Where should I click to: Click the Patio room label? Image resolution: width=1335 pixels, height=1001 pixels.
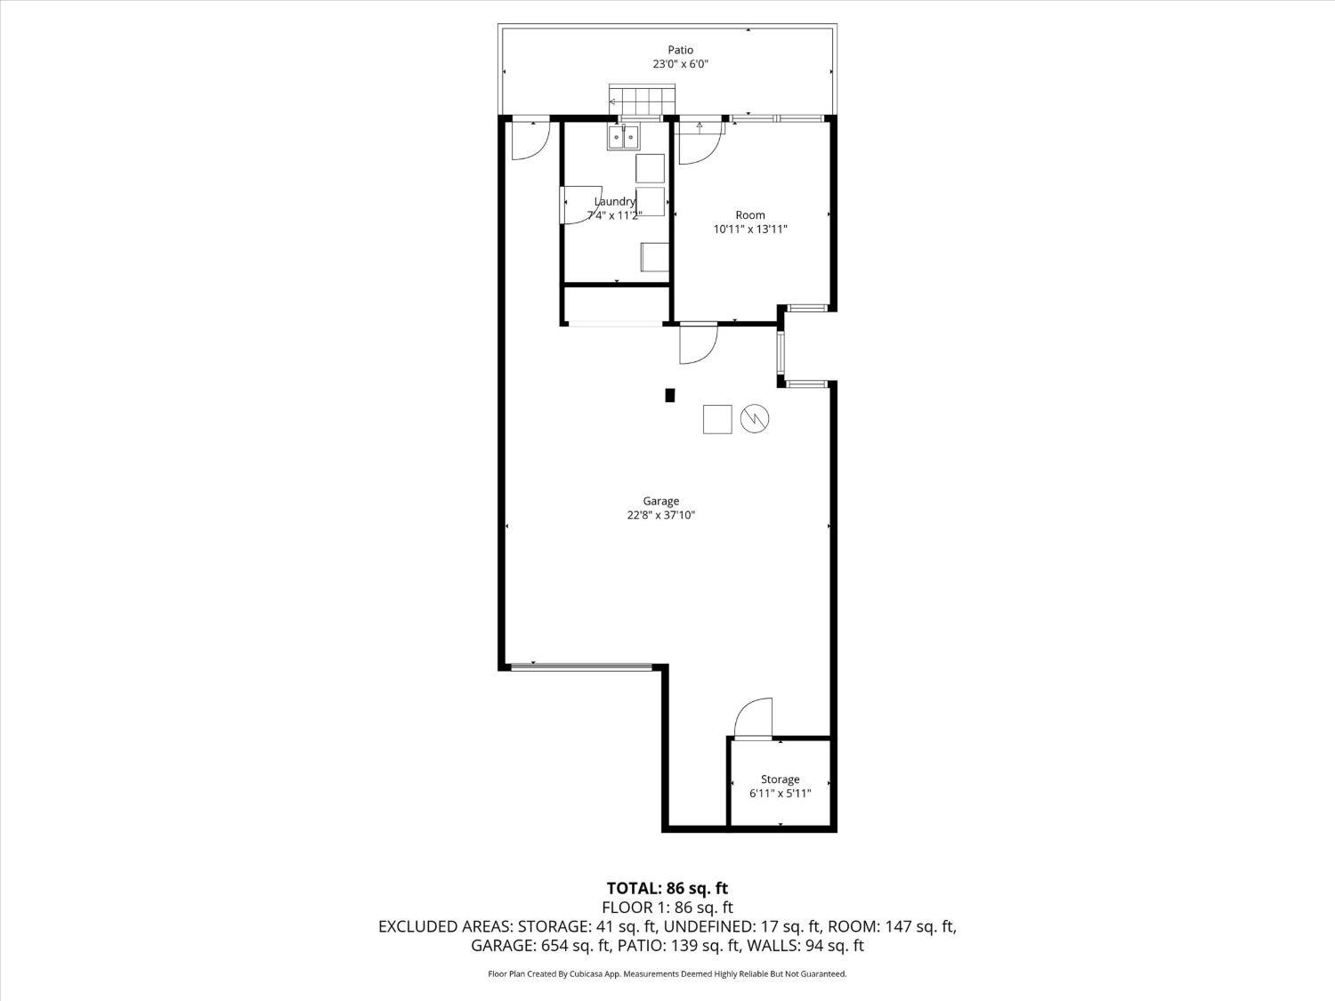click(x=680, y=50)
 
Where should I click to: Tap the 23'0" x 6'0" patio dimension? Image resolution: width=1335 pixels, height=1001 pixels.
click(x=681, y=64)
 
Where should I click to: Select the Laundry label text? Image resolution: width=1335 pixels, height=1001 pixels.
click(x=615, y=201)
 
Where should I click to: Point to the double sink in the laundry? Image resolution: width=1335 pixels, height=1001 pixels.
click(x=623, y=137)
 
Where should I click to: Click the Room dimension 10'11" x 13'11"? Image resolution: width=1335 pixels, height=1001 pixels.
click(x=750, y=230)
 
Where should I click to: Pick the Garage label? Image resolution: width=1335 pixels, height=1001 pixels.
click(x=660, y=501)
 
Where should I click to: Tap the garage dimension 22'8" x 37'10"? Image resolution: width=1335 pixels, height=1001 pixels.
click(x=660, y=515)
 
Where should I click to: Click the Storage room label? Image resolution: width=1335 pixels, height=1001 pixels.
click(x=780, y=779)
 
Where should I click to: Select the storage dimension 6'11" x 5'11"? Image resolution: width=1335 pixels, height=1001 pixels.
click(x=780, y=793)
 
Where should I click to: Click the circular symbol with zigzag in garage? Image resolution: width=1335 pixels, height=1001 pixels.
click(x=754, y=419)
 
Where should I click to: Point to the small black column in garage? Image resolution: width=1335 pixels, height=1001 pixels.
click(x=669, y=395)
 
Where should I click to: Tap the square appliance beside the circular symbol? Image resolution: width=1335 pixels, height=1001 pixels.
click(x=717, y=419)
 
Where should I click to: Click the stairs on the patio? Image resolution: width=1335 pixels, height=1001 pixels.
click(x=643, y=101)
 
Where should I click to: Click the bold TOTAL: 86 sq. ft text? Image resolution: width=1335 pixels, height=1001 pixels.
click(x=667, y=888)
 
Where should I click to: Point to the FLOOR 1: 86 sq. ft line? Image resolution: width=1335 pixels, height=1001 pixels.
click(x=667, y=908)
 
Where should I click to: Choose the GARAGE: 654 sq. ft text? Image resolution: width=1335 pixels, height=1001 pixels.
click(x=541, y=946)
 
